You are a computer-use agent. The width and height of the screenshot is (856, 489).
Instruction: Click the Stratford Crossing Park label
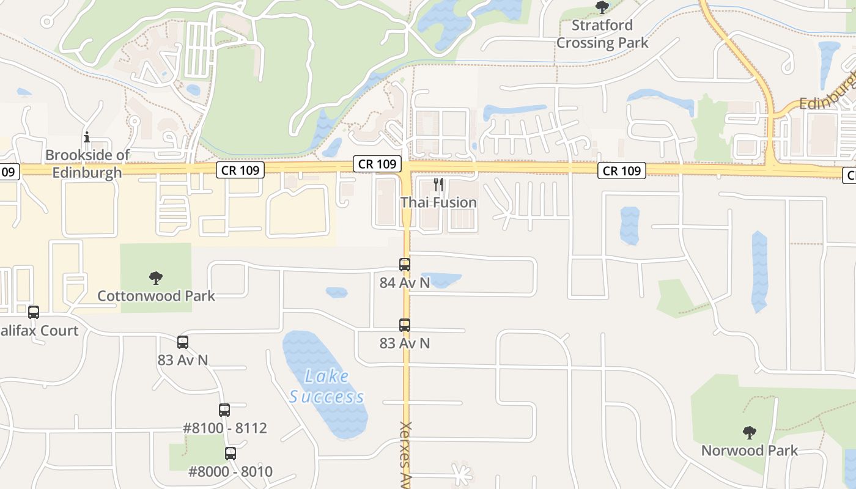point(602,34)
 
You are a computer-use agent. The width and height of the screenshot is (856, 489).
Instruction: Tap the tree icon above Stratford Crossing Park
point(602,7)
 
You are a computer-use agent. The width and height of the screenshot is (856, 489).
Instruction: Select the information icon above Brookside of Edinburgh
point(87,137)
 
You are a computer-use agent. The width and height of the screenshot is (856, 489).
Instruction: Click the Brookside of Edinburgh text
point(87,164)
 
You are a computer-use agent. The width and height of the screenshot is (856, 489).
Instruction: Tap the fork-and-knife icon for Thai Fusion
point(438,184)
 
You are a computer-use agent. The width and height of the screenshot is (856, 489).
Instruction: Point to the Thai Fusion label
point(438,202)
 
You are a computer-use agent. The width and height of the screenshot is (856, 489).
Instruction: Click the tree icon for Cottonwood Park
point(156,278)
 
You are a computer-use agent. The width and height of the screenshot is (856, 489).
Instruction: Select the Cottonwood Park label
point(156,296)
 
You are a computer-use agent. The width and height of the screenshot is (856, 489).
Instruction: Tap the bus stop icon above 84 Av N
point(405,265)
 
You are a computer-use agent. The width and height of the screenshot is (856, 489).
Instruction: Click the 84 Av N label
point(405,282)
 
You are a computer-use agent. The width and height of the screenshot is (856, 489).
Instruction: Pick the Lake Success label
point(327,387)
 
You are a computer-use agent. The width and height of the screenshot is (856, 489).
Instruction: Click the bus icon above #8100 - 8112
point(224,410)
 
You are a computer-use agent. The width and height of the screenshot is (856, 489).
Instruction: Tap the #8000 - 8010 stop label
point(231,472)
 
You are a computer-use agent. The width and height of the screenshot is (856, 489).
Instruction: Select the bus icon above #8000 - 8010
point(231,454)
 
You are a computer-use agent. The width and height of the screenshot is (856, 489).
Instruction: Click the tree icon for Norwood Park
point(749,433)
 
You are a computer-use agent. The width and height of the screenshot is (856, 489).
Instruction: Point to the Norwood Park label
point(749,451)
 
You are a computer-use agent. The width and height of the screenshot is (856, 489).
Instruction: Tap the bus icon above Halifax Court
point(34,312)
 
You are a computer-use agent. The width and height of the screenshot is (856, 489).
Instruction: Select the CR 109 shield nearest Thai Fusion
point(377,164)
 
